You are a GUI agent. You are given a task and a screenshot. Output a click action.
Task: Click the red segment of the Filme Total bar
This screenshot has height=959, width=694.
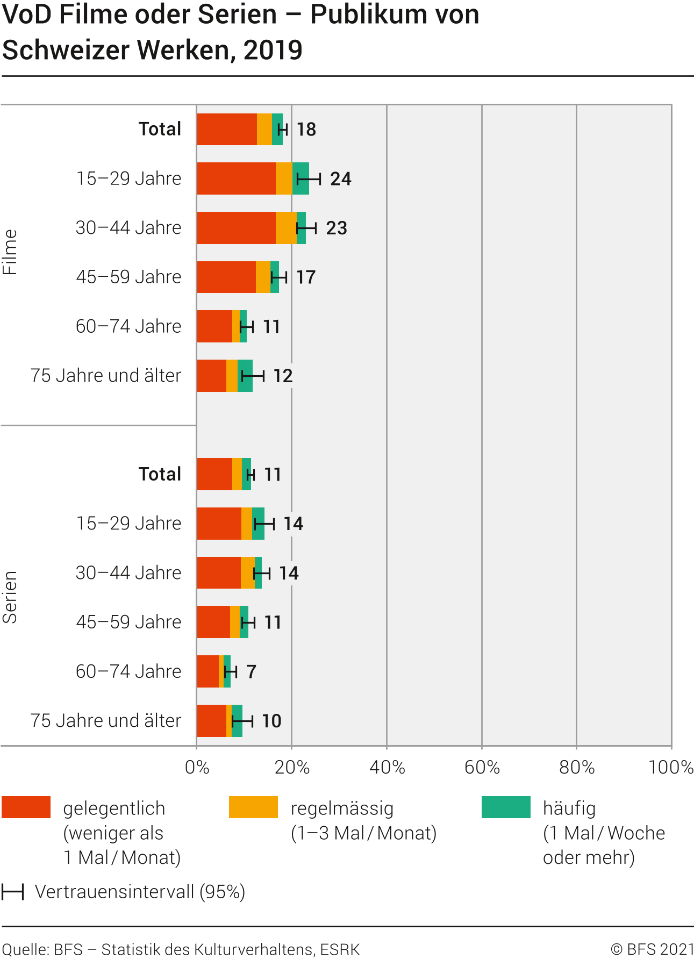click(x=226, y=129)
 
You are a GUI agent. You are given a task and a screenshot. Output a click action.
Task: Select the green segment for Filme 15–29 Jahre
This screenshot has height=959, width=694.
click(x=301, y=178)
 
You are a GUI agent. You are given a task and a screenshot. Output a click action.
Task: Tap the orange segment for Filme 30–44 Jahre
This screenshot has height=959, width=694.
click(x=286, y=228)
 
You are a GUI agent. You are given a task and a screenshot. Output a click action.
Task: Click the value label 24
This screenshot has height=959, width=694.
click(x=341, y=179)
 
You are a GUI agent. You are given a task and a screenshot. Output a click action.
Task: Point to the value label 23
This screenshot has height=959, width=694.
click(x=337, y=228)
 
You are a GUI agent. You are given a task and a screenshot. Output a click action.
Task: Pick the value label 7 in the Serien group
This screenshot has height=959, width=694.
click(x=251, y=672)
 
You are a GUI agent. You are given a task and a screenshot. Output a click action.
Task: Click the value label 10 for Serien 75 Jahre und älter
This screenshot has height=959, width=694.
click(x=271, y=721)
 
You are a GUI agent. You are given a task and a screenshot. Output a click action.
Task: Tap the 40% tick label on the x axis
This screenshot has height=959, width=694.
click(x=387, y=768)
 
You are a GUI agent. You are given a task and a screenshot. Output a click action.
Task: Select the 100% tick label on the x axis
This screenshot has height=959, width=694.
click(x=671, y=768)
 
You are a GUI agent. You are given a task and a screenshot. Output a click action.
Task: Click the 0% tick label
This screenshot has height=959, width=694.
click(x=197, y=768)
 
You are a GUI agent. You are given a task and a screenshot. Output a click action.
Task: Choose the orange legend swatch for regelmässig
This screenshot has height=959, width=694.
click(x=253, y=807)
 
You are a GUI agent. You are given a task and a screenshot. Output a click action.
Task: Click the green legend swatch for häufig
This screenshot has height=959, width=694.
click(x=506, y=807)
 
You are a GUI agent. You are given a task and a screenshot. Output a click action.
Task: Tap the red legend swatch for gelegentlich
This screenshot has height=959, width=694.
click(x=26, y=807)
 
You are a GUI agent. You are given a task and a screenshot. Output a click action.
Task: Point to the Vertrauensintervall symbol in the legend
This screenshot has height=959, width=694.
click(x=12, y=892)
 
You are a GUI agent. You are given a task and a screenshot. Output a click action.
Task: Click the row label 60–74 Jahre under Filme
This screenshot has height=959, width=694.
click(x=128, y=326)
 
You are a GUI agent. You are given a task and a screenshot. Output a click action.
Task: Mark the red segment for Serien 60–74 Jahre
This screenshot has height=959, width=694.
click(x=208, y=671)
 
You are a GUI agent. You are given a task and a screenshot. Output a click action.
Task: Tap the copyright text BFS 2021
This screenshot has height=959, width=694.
click(x=652, y=949)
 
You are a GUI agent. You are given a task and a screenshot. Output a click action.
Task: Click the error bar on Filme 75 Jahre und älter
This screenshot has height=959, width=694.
click(x=253, y=376)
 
